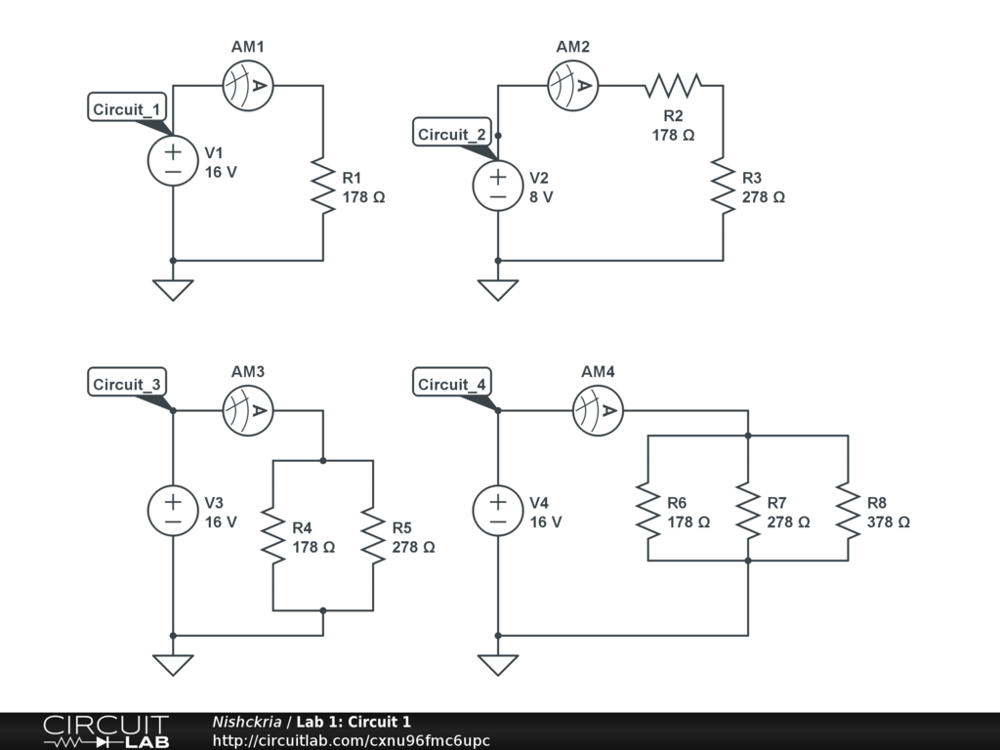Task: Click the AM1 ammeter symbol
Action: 248,86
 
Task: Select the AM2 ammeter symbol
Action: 572,86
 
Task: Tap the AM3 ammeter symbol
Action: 248,411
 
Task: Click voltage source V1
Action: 173,161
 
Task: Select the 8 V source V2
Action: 498,186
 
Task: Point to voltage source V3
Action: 173,511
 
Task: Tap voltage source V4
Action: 498,511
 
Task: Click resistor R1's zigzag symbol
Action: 323,186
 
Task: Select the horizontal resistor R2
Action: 672,86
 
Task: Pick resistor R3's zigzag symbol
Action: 723,186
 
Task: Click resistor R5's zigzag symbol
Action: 373,535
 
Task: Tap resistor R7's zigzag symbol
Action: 748,511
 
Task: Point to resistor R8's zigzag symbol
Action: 848,511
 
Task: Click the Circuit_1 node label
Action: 127,109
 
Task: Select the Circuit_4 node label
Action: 451,385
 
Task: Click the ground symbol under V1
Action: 173,289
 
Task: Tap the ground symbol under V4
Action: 498,664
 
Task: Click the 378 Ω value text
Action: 888,522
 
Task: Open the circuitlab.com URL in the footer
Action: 351,740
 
